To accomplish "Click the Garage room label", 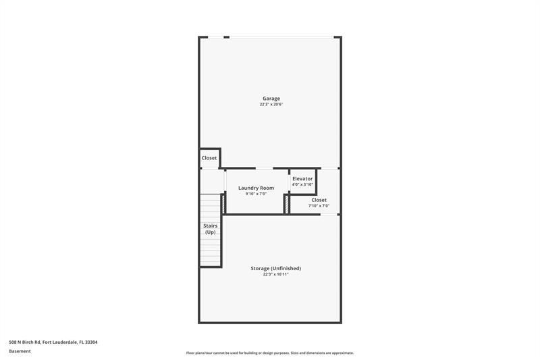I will [x=271, y=99].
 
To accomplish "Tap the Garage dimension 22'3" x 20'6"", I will [x=271, y=105].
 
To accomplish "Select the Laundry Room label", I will [x=256, y=188].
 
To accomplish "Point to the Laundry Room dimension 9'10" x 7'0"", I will [x=256, y=194].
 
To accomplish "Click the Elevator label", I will [x=302, y=178].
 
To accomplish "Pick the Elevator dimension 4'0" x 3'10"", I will [x=302, y=184].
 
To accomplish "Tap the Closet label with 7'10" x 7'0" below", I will [x=319, y=200].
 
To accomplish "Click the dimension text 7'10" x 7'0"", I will [x=319, y=206].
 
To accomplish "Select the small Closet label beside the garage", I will [x=209, y=158].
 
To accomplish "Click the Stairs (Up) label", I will [x=210, y=229].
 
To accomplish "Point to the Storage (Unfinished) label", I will [x=275, y=268].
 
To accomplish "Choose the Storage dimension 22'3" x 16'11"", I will [x=275, y=274].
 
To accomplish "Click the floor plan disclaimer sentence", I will [x=270, y=353].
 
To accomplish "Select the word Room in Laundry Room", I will [x=267, y=188].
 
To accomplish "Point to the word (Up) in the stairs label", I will [x=210, y=232].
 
